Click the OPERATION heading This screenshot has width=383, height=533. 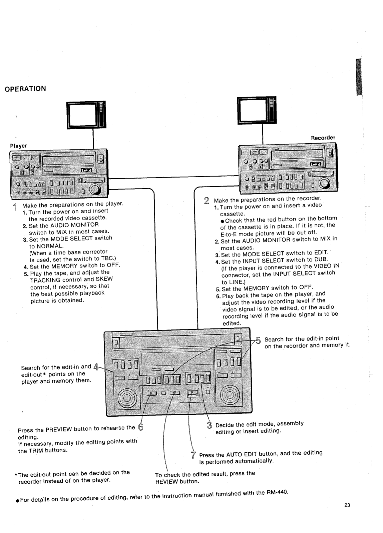[x=25, y=89]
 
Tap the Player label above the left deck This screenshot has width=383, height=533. [x=18, y=146]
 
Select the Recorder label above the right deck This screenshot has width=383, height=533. [x=323, y=138]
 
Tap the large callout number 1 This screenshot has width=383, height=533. [x=14, y=207]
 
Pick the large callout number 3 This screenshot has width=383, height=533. [x=209, y=425]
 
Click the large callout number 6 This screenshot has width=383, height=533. [x=140, y=427]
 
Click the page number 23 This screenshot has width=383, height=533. [x=347, y=505]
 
